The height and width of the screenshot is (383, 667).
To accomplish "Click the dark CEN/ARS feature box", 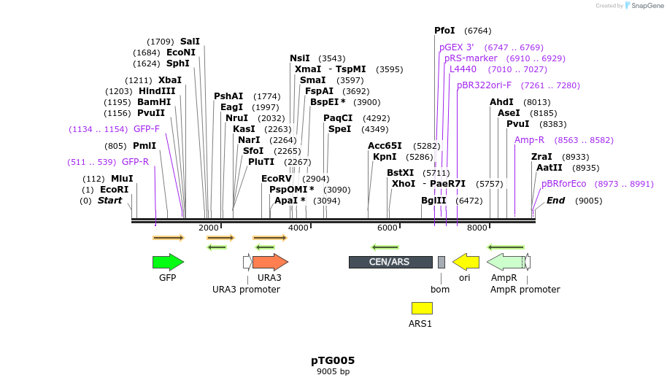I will tap(390, 262).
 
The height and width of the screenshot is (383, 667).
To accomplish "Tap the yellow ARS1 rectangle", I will tap(422, 308).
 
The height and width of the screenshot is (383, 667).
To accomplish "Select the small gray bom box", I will tap(441, 262).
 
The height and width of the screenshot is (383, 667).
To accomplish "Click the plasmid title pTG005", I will tap(333, 360).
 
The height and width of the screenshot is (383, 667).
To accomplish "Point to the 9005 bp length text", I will tap(333, 371).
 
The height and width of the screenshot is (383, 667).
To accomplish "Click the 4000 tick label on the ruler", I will tap(298, 228).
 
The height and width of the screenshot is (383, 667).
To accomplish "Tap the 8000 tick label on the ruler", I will tap(477, 228).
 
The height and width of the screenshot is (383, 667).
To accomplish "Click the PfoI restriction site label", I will tap(444, 31).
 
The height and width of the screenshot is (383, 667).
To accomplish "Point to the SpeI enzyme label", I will tap(339, 129).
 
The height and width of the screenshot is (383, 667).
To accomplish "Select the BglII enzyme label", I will tap(433, 201).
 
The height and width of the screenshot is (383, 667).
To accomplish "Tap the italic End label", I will tap(555, 201).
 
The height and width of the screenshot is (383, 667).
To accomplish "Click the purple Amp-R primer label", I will tap(529, 140).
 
